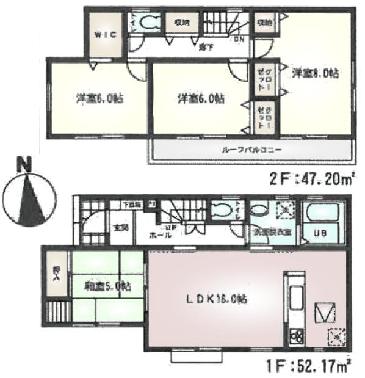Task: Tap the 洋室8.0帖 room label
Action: pyautogui.click(x=314, y=73)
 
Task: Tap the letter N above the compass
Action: pyautogui.click(x=24, y=164)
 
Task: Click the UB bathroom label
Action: pyautogui.click(x=320, y=233)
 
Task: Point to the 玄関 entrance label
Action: pyautogui.click(x=120, y=228)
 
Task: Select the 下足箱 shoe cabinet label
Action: pyautogui.click(x=133, y=204)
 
